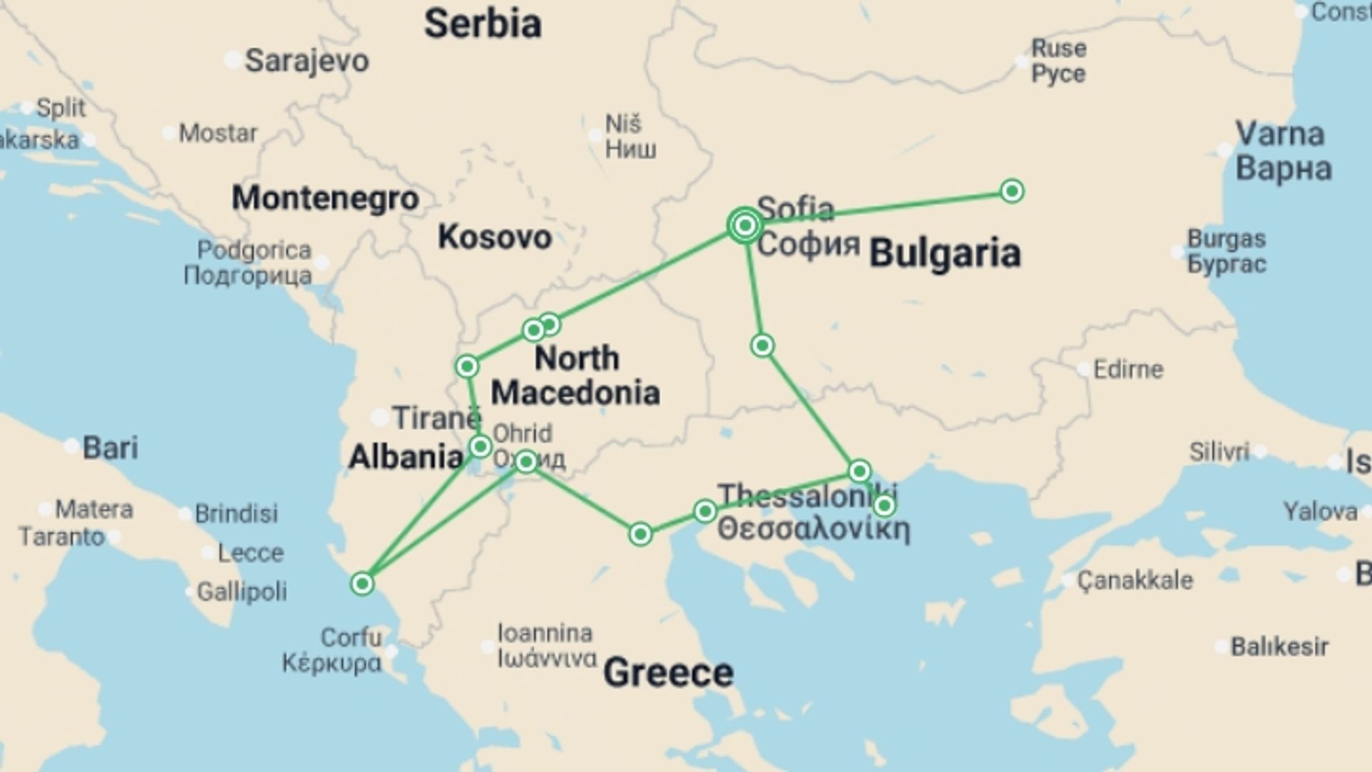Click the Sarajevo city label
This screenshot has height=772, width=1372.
(x=307, y=61)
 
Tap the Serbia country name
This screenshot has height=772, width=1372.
(x=482, y=24)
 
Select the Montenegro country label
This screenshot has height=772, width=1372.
(x=325, y=198)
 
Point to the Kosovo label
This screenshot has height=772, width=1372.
(x=494, y=237)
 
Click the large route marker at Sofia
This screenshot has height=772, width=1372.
(x=745, y=226)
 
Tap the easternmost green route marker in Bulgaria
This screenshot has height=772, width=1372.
(x=1011, y=191)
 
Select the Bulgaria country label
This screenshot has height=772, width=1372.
(x=945, y=254)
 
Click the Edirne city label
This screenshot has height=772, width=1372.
(x=1128, y=370)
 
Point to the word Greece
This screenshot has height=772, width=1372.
(x=668, y=673)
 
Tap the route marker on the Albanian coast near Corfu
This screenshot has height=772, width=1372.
(x=362, y=584)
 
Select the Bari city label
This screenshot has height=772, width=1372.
(x=110, y=448)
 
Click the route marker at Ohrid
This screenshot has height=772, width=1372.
(x=526, y=462)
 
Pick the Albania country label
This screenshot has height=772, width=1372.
(x=405, y=457)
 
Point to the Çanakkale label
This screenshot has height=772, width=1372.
(x=1135, y=580)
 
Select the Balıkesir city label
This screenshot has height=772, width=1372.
(x=1279, y=647)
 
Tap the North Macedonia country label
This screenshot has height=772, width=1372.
(x=576, y=375)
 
